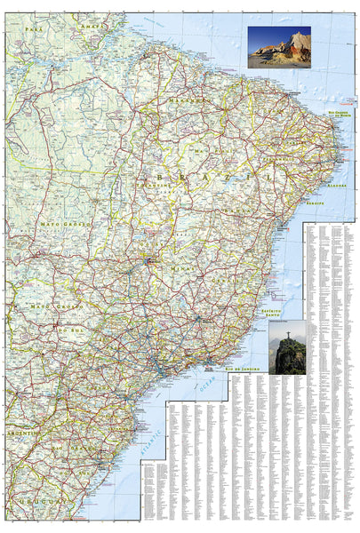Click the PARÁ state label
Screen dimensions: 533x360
34,29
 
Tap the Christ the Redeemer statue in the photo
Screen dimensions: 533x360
287,342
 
